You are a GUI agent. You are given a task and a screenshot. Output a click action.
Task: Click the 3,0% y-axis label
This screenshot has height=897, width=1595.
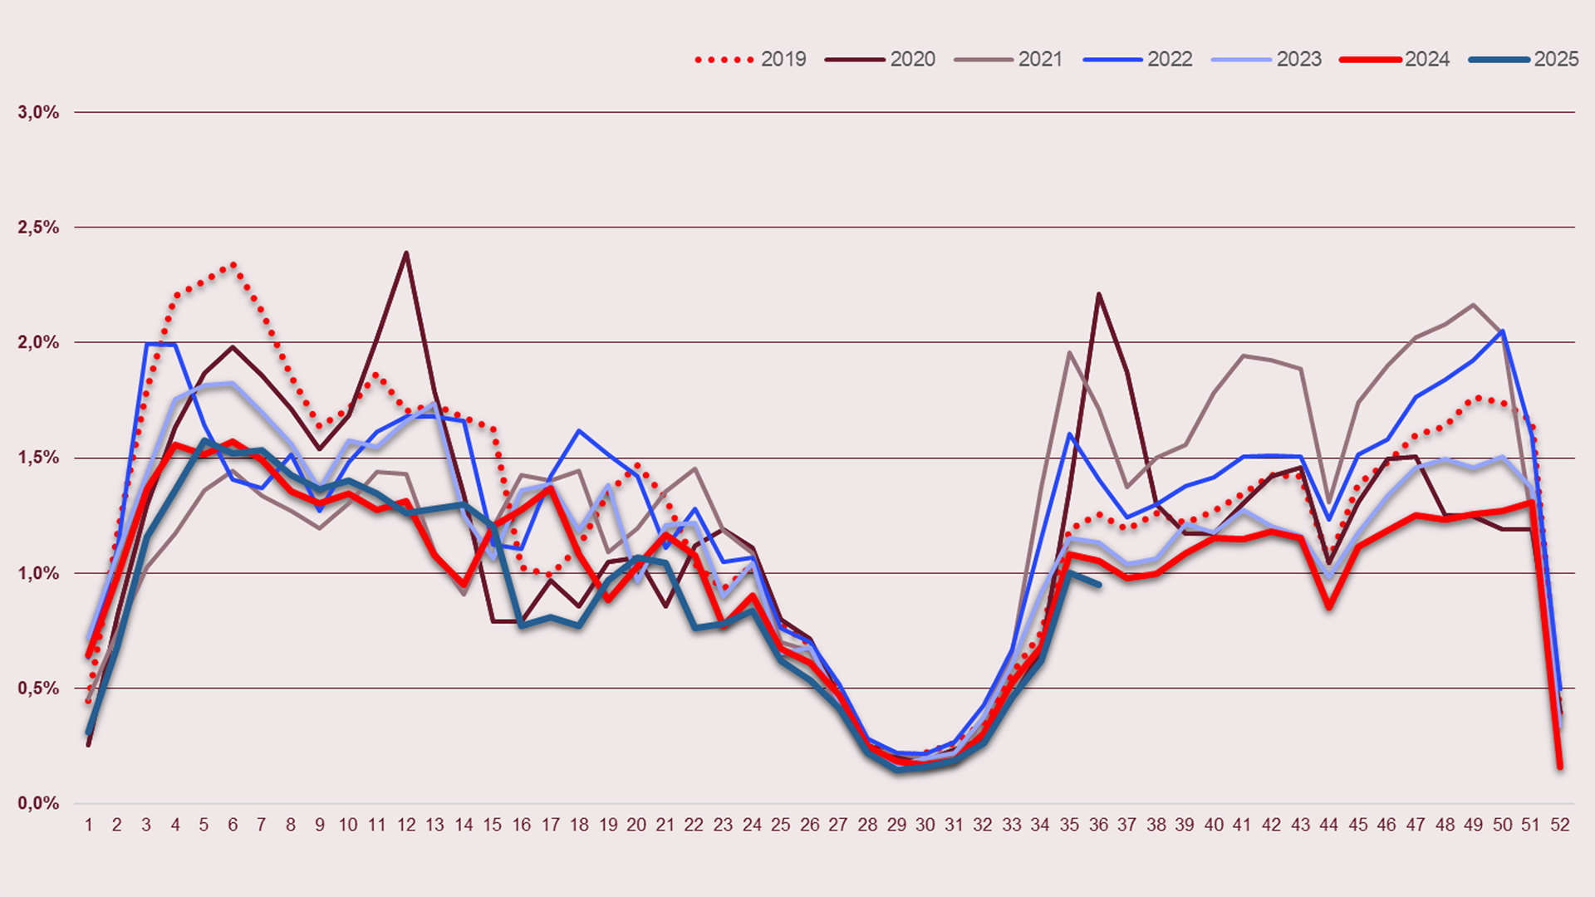(x=39, y=112)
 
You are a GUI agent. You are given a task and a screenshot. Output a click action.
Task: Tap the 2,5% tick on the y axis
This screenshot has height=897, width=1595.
(x=39, y=228)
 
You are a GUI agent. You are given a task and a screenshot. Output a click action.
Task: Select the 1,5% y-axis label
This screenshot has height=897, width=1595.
(x=39, y=458)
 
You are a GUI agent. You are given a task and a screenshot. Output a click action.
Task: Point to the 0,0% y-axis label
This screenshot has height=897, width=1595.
(x=39, y=803)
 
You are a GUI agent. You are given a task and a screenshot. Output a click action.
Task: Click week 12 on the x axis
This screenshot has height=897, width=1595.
(x=406, y=825)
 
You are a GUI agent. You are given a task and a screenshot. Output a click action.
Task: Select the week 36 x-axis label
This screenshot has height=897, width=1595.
(x=1098, y=825)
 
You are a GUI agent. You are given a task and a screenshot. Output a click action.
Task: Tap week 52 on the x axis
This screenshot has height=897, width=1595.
(x=1560, y=825)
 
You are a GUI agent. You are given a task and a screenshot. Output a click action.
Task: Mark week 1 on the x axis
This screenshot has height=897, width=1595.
(x=89, y=825)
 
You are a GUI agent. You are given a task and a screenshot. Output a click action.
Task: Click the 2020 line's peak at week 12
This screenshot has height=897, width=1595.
(x=406, y=252)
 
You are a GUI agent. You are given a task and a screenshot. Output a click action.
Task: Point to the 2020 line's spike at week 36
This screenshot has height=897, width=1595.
(x=1098, y=294)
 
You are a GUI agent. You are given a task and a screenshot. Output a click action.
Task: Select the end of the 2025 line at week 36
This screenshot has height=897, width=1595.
(x=1099, y=585)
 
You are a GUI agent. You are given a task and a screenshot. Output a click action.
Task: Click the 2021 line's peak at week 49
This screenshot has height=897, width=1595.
(x=1473, y=305)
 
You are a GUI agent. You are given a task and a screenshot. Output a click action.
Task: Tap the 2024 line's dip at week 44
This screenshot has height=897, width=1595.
(x=1329, y=607)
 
